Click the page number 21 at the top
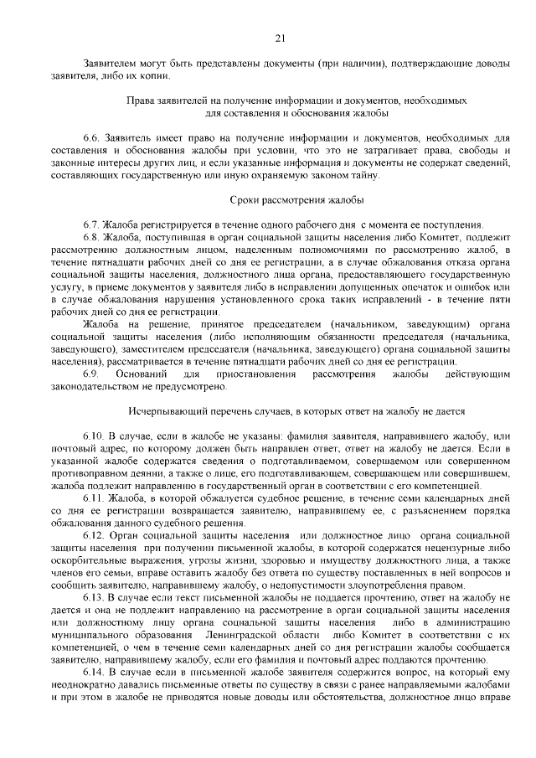pos(280,37)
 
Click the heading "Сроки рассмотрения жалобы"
pos(296,200)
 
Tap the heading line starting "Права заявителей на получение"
pos(296,100)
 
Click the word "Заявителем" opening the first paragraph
pos(111,63)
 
